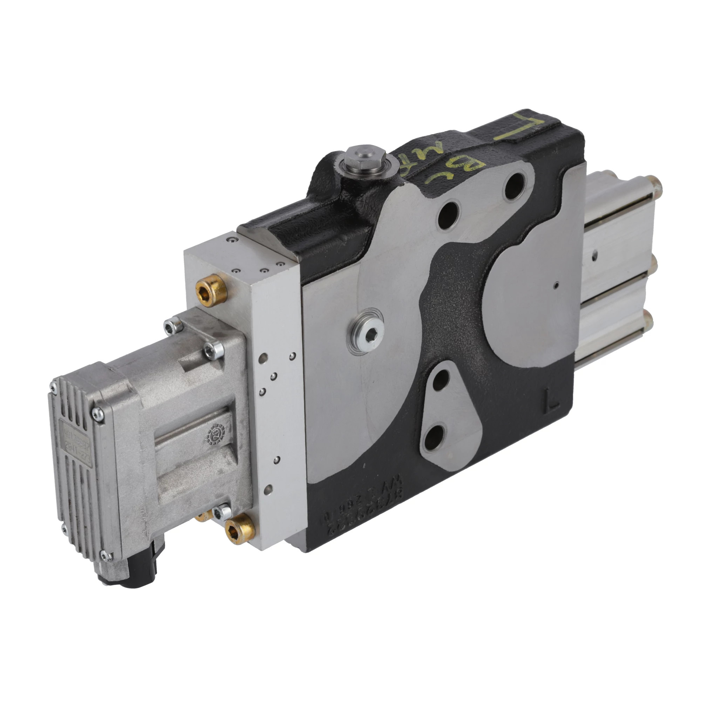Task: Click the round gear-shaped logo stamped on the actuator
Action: click(216, 434)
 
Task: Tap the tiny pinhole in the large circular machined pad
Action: click(556, 285)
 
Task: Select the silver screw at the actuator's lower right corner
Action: click(222, 512)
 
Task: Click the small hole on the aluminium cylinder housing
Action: click(594, 256)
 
